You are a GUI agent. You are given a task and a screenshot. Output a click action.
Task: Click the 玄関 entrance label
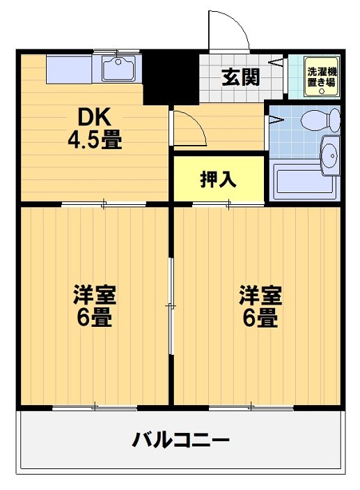241,77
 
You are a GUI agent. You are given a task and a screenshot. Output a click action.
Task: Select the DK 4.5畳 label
95,130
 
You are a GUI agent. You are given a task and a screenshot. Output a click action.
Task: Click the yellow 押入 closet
219,179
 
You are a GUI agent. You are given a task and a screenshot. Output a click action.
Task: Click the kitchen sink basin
119,69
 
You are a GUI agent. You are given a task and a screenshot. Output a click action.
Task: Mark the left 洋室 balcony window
95,407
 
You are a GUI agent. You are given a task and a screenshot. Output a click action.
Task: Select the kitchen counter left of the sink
74,69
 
